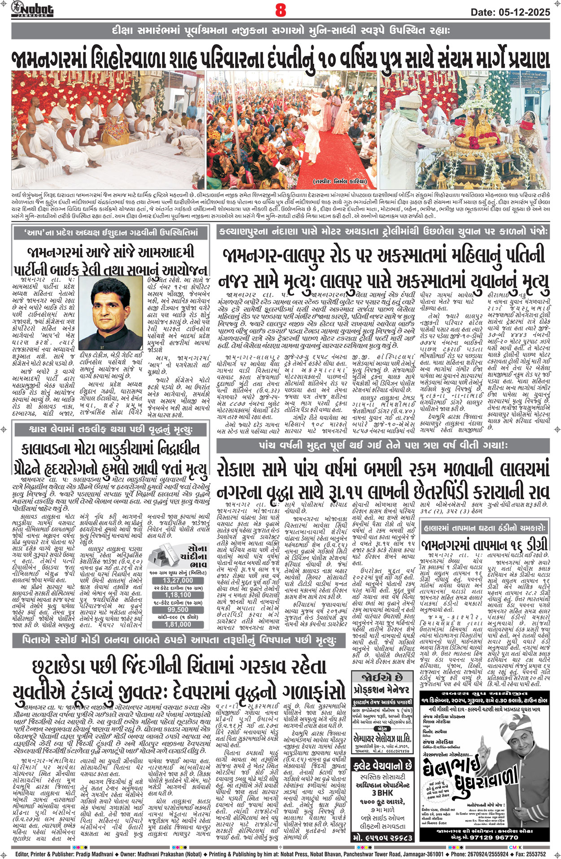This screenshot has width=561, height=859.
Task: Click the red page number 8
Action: pos(280,10)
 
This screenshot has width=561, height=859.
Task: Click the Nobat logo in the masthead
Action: pos(32,9)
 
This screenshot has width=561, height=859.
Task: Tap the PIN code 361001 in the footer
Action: pos(433,854)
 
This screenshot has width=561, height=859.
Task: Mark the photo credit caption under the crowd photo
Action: pos(340,181)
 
